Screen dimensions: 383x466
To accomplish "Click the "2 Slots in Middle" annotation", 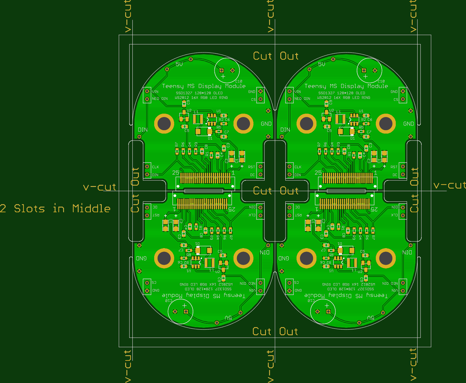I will pos(55,209).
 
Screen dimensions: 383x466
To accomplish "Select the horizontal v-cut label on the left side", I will pos(100,187).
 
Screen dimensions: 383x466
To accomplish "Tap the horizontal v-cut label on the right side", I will pos(449,185).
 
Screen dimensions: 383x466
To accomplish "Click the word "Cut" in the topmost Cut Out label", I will pos(262,56).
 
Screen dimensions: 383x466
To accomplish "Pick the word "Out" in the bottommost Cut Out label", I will pos(289,331).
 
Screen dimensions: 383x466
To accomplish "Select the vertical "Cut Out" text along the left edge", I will pos(135,190).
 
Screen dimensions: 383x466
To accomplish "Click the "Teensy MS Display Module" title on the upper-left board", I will pos(204,86).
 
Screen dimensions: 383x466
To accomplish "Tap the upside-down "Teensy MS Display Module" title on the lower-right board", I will pos(346,295).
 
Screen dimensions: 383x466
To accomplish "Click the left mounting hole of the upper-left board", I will pos(164,124).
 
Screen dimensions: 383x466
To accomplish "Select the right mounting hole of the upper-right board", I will pos(386,124).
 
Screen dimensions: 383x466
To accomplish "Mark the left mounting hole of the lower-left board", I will pos(164,258).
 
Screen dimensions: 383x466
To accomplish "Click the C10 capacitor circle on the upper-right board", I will pos(369,71).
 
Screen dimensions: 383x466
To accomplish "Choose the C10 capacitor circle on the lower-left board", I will pos(180,311).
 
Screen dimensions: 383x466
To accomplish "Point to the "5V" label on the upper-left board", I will pos(179,64).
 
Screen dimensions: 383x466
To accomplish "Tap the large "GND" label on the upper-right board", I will pos(408,124).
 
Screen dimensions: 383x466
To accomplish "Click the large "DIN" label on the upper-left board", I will pos(143,130).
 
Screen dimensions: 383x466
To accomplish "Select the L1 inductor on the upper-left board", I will pos(198,119).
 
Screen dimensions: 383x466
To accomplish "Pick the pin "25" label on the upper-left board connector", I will pos(176,172).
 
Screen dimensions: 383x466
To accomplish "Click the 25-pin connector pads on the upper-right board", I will pos(347,179).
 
